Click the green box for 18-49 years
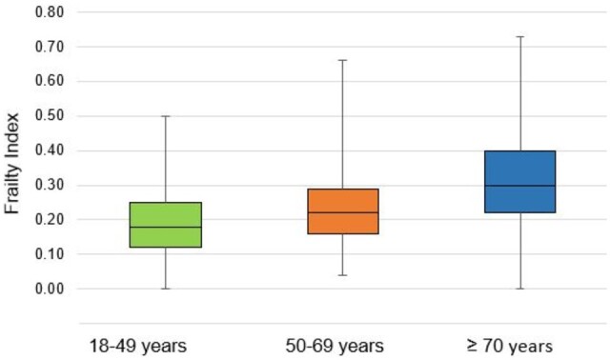pos(166,214)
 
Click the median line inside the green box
pos(166,227)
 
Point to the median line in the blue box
pos(520,186)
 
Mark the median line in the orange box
pos(343,212)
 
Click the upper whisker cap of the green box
pos(166,116)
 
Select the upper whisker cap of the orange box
pos(343,60)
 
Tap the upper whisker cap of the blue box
pos(520,36)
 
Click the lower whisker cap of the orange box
pos(343,275)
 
